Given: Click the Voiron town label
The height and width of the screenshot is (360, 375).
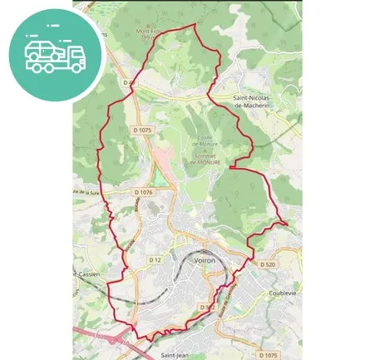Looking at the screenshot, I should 204,260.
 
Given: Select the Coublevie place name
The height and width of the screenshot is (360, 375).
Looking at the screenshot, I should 283,293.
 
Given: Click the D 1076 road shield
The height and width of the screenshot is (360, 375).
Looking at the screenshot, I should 143,192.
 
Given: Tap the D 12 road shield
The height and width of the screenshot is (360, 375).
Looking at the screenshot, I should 155,260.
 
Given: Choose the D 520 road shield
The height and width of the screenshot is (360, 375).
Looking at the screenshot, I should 267,264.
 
